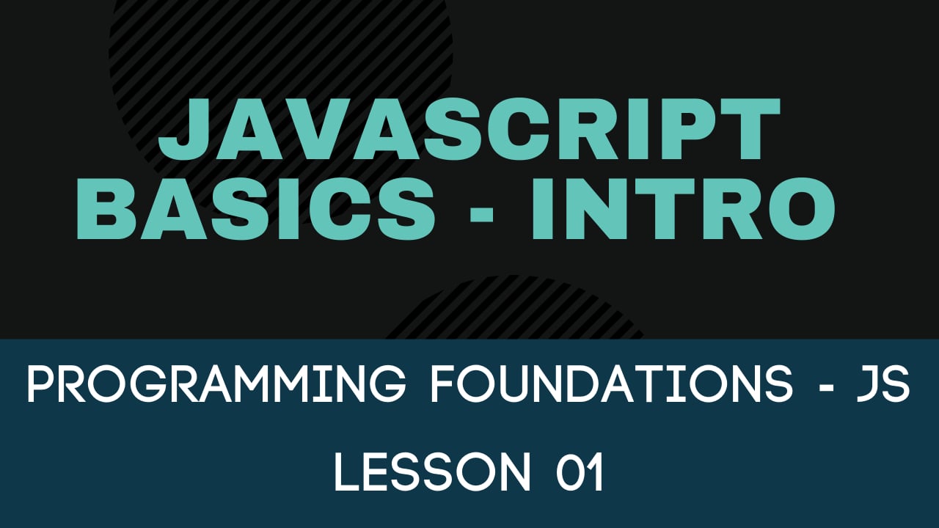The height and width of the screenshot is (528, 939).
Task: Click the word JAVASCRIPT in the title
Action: [469, 132]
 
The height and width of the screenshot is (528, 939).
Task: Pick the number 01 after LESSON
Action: [579, 472]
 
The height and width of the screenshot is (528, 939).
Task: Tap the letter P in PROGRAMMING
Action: [40, 384]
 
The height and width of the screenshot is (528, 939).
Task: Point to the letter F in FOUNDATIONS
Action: [442, 384]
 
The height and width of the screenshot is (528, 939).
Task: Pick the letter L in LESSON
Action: [346, 472]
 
